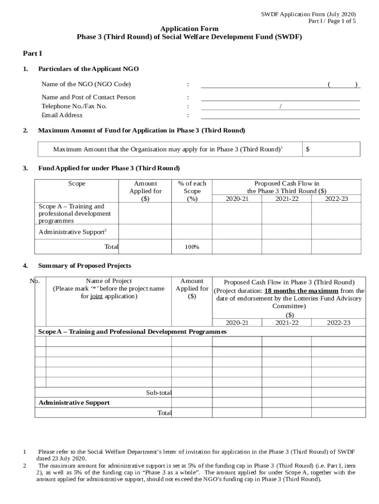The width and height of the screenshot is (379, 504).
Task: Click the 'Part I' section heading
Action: click(32, 53)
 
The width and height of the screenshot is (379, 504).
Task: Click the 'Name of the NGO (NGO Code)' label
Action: click(86, 84)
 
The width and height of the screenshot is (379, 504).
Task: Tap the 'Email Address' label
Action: click(62, 115)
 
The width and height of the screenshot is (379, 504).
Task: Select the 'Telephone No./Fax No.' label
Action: click(74, 106)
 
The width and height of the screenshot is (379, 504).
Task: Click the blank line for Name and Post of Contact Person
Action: click(280, 97)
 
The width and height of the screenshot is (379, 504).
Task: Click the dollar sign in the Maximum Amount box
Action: click(308, 150)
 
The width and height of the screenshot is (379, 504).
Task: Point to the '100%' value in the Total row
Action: click(191, 247)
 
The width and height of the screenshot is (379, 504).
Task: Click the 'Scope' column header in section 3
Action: click(77, 184)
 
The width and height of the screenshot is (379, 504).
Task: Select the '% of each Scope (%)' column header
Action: click(192, 191)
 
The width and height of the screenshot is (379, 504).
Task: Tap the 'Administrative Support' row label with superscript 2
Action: click(73, 232)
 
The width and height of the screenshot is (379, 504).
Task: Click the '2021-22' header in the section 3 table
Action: click(286, 198)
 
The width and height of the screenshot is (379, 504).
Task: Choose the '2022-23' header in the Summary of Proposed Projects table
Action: click(339, 322)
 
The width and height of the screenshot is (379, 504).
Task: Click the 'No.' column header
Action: click(35, 281)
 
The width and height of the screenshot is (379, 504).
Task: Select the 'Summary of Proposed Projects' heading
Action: click(85, 266)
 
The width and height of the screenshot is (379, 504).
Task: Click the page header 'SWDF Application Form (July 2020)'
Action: click(308, 14)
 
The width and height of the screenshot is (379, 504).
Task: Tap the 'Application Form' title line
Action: click(189, 29)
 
